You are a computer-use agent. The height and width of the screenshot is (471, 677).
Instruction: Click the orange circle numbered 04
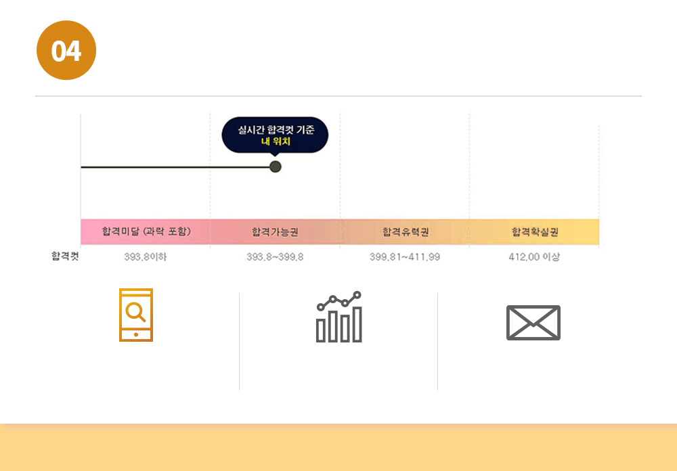(x=66, y=51)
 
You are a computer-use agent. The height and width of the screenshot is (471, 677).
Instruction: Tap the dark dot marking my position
(x=275, y=166)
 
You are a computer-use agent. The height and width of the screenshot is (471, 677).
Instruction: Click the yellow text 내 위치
(x=275, y=141)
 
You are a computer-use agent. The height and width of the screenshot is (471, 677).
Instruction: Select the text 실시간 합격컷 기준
(x=275, y=129)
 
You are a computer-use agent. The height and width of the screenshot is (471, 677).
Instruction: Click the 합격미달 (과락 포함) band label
(x=146, y=231)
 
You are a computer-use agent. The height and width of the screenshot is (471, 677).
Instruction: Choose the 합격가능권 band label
(x=275, y=232)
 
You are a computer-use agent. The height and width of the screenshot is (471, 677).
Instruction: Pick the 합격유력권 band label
(x=406, y=232)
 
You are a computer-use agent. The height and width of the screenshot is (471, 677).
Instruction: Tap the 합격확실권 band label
(x=535, y=232)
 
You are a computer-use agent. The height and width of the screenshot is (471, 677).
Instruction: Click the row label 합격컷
(x=65, y=256)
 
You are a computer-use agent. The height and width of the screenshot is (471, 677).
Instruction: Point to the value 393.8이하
(x=146, y=257)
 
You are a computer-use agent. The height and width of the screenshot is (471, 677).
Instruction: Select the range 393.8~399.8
(x=275, y=257)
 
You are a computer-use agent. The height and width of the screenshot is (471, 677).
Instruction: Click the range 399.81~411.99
(x=405, y=257)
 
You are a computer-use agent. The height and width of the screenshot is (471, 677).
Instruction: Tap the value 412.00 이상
(x=534, y=257)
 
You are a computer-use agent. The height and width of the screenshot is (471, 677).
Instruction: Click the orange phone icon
(x=136, y=315)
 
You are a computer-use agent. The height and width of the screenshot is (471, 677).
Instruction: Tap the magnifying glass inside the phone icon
(x=136, y=312)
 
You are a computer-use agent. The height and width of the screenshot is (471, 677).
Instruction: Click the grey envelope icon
(x=533, y=323)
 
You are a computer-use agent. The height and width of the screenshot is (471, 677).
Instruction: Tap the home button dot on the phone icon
(x=136, y=334)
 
